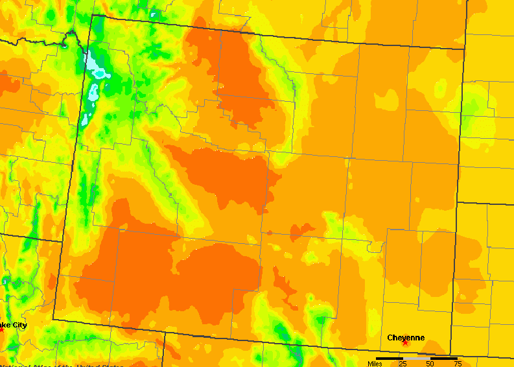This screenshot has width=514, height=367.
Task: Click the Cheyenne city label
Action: [x=406, y=337]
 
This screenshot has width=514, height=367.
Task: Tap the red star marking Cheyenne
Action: [x=405, y=342]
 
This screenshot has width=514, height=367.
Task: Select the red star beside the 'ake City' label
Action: [x=1, y=329]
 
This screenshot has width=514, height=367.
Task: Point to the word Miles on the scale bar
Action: [x=375, y=363]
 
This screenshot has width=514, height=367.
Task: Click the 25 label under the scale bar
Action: [x=403, y=363]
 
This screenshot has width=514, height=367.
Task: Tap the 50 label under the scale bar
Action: [x=430, y=363]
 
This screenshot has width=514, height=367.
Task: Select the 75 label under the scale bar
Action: [x=458, y=363]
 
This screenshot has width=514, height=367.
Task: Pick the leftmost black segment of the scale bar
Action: [x=389, y=358]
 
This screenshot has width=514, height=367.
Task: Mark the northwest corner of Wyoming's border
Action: [x=93, y=14]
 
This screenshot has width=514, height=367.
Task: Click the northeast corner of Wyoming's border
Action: [x=465, y=49]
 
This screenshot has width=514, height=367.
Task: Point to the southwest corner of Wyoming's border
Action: [x=53, y=319]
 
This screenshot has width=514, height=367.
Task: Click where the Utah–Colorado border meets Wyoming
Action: [x=163, y=333]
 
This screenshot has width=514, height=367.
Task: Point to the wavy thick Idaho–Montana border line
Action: [x=39, y=41]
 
